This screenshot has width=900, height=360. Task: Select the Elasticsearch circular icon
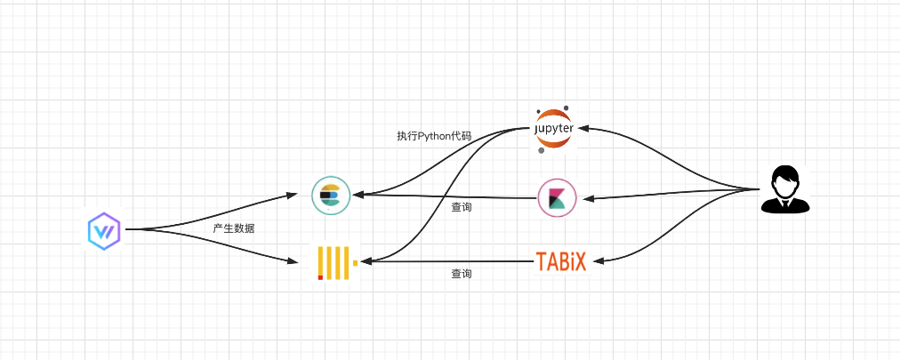click(x=331, y=196)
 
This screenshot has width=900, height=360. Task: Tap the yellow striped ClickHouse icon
click(x=337, y=263)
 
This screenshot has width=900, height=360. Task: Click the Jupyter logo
click(x=553, y=130)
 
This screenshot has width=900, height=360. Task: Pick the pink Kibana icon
click(x=557, y=197)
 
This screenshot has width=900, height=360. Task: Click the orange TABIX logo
click(x=562, y=261)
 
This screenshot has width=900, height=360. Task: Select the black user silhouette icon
click(x=785, y=189)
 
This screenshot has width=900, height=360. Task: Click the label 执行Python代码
click(x=433, y=137)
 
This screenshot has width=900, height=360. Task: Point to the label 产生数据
click(x=233, y=228)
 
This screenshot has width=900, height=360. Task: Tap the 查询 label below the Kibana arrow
click(x=461, y=207)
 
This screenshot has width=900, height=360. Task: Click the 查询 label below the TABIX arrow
click(x=461, y=274)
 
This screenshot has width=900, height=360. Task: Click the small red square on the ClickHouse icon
click(x=320, y=276)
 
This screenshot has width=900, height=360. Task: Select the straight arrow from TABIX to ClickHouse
click(x=445, y=261)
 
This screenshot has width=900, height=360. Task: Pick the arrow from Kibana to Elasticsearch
click(x=445, y=196)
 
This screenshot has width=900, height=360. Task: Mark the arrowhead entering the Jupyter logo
click(x=582, y=129)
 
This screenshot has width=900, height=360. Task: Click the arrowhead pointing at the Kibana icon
click(x=588, y=198)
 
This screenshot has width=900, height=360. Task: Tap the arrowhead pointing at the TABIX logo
click(x=597, y=260)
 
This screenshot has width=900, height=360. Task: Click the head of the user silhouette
click(x=785, y=180)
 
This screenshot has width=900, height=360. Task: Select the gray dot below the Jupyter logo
click(x=541, y=150)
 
